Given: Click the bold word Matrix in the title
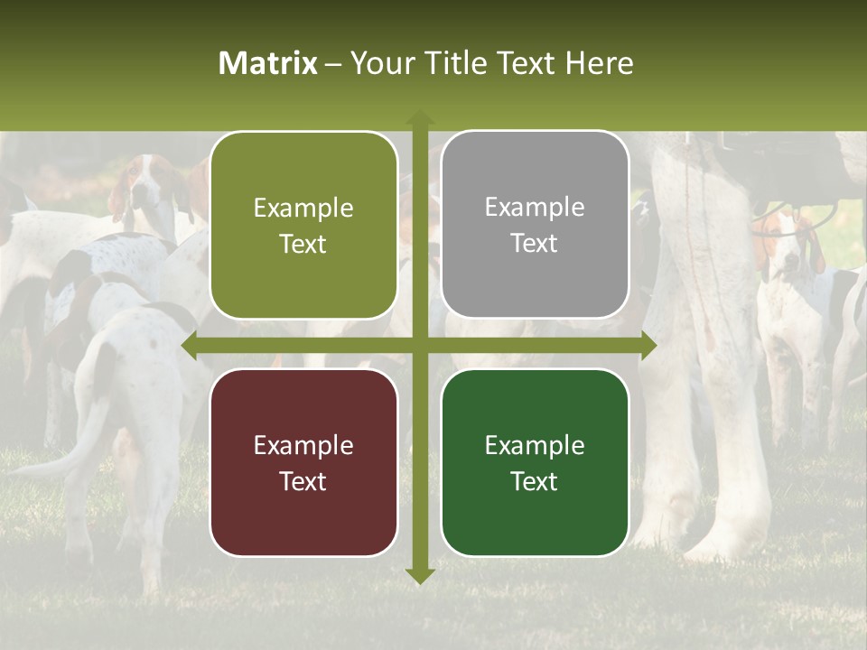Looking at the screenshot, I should click(268, 63).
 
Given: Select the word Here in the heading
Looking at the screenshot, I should click(600, 63).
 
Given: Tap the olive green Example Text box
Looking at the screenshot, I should click(303, 226).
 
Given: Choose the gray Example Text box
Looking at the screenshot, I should click(535, 225).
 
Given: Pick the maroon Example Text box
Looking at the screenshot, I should click(303, 462).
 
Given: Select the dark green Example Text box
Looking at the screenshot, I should click(535, 462).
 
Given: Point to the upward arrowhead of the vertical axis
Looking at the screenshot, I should click(419, 118).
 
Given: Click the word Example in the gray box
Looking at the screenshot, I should click(535, 208).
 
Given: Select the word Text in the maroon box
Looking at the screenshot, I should click(303, 481).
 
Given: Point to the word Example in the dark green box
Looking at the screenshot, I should click(535, 445).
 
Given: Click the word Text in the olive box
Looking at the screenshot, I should click(303, 245).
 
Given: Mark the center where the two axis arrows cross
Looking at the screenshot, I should click(419, 345).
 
